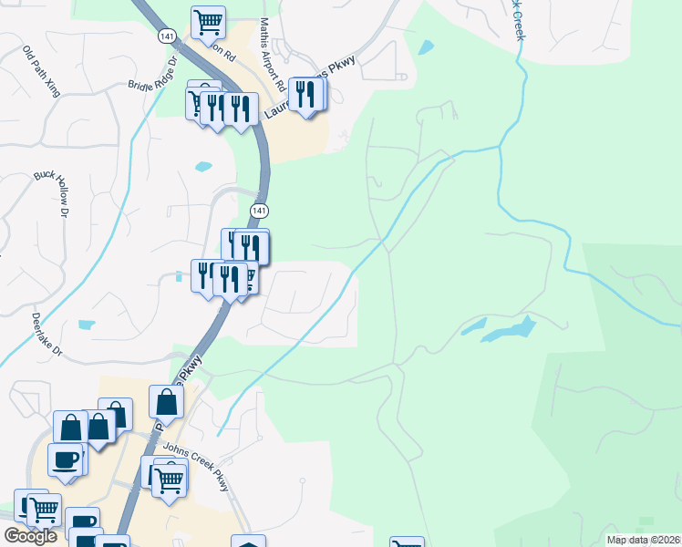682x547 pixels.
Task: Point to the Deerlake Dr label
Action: [x=45, y=335]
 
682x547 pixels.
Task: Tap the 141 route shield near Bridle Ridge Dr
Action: [x=165, y=36]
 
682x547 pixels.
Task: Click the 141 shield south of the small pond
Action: [x=260, y=211]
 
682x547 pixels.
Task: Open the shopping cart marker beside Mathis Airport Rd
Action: [x=208, y=20]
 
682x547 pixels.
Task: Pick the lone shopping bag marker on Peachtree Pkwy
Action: [x=167, y=400]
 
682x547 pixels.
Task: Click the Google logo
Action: [x=30, y=536]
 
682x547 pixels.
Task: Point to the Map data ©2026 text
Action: [x=642, y=540]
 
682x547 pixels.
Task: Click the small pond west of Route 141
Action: [x=203, y=167]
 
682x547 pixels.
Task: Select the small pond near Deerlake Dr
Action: [x=87, y=325]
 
